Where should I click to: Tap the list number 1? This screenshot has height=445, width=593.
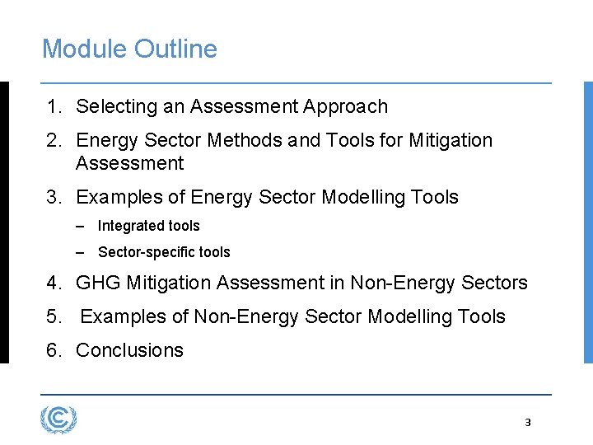[53, 106]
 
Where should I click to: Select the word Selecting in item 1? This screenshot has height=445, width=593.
[111, 106]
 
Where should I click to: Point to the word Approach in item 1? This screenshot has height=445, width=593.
[345, 106]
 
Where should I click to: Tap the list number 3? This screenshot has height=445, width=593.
[53, 197]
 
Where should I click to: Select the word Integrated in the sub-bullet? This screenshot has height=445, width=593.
[131, 226]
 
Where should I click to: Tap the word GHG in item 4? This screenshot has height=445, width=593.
[98, 283]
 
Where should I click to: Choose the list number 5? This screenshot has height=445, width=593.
[53, 316]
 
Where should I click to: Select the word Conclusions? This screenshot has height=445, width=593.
[129, 350]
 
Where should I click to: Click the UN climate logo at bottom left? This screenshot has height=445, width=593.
[58, 420]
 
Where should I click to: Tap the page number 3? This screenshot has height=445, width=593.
[528, 423]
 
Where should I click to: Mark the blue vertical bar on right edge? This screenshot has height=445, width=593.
[587, 222]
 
